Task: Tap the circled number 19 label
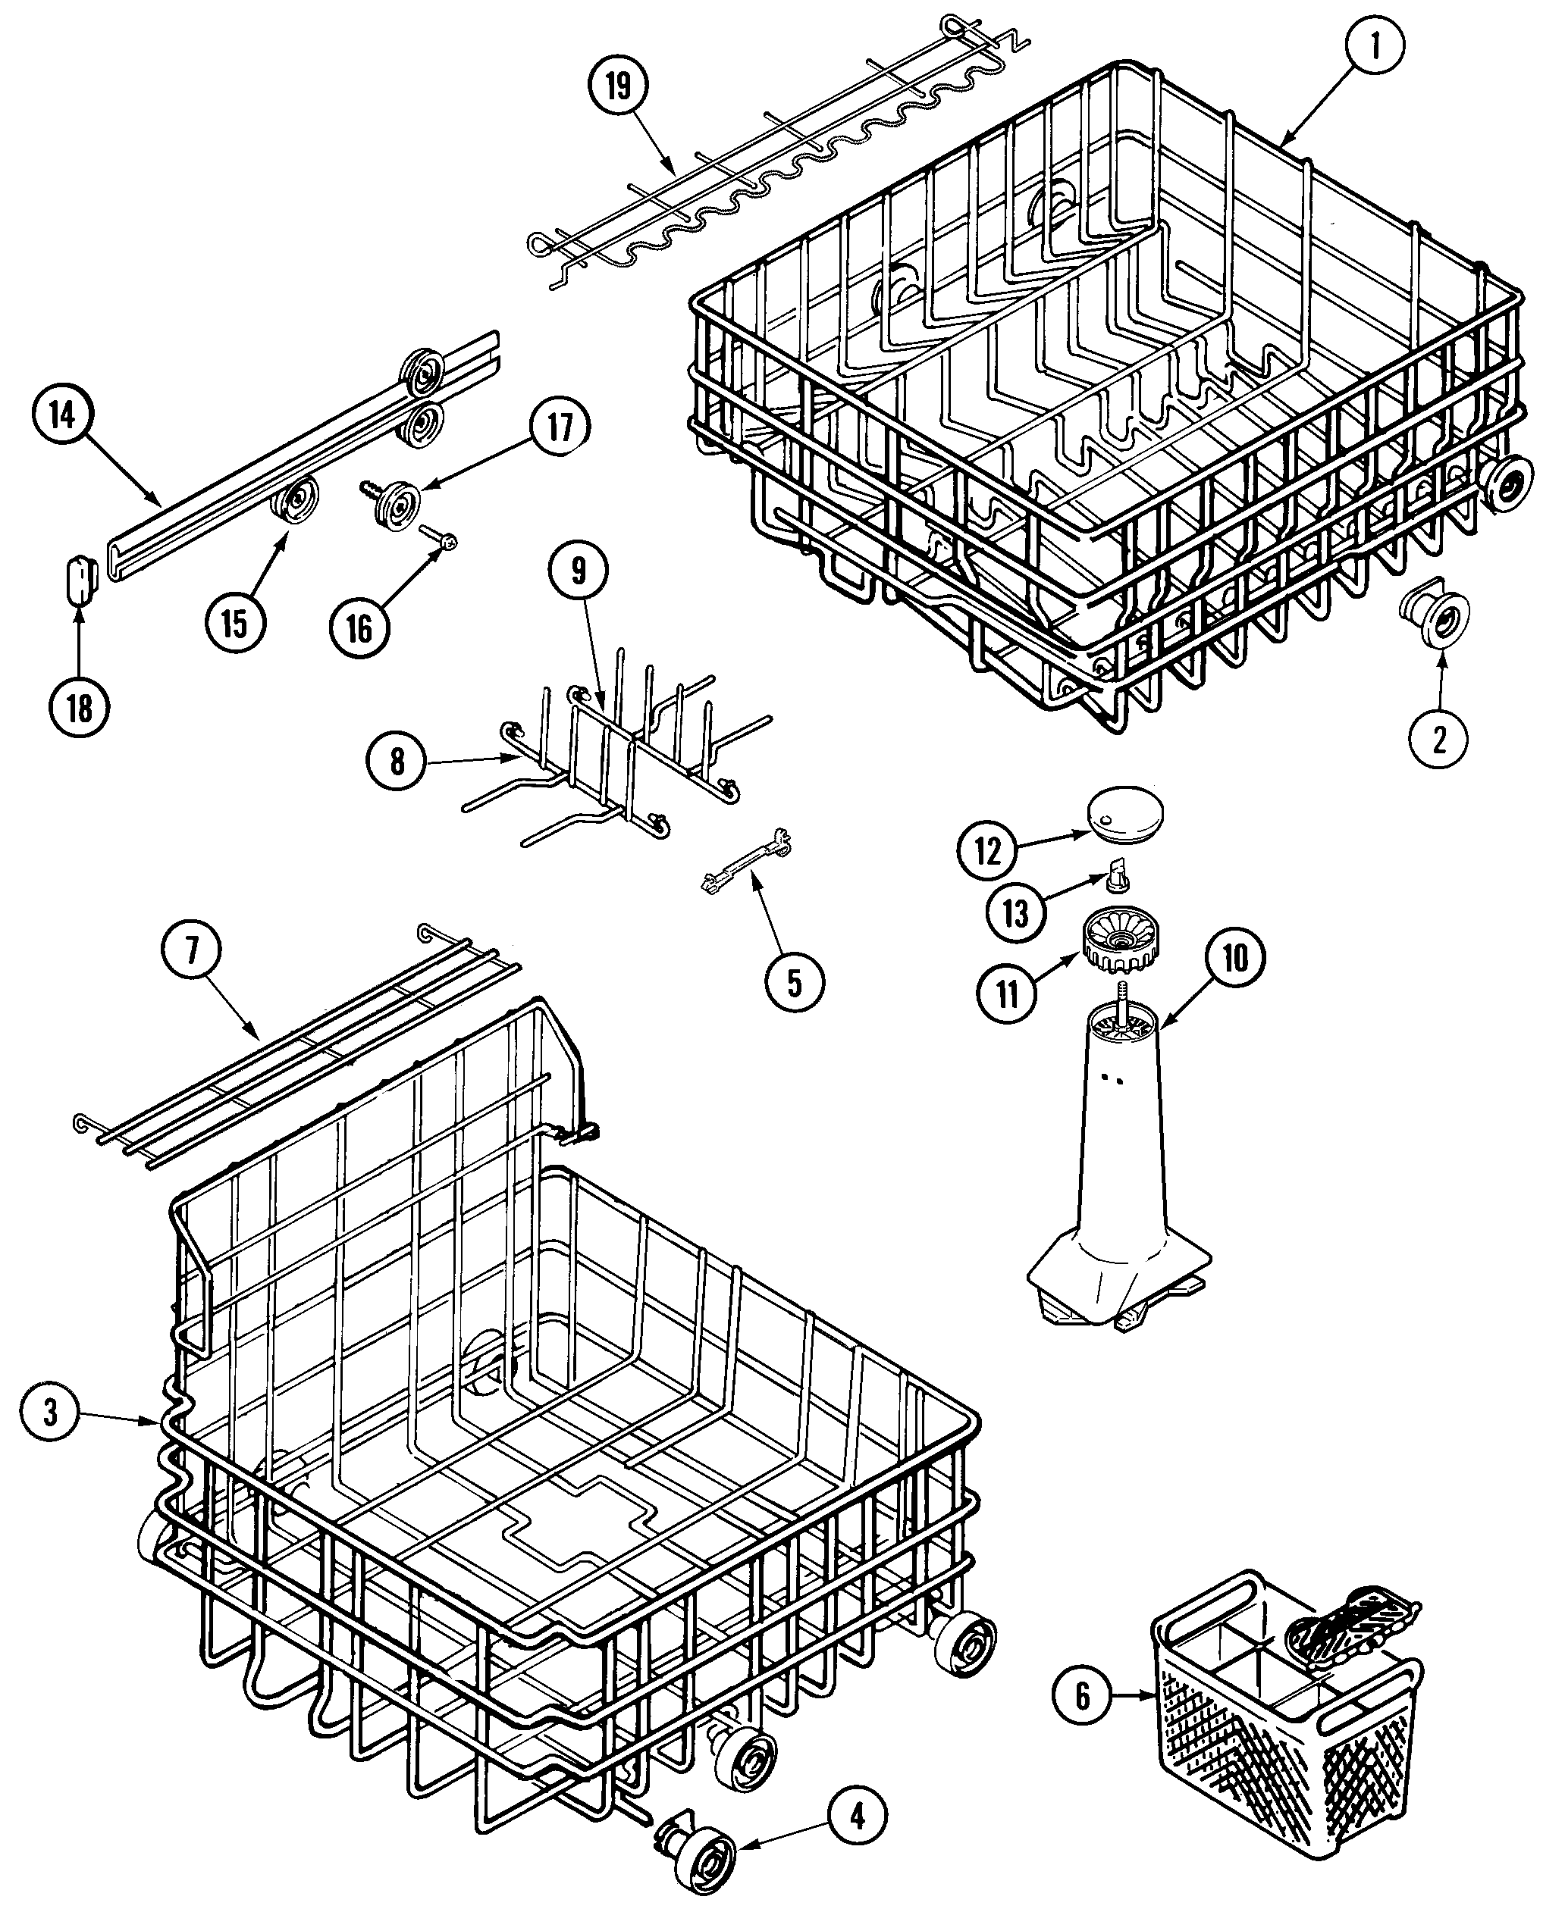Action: [x=619, y=86]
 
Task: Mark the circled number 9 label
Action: [x=579, y=571]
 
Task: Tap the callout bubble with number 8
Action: [x=397, y=762]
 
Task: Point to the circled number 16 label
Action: [x=359, y=629]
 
